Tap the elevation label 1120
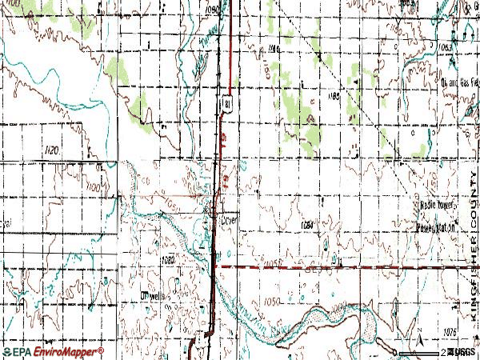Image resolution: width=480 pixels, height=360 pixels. tap(98, 150)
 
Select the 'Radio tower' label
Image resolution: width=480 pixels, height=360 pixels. tap(437, 206)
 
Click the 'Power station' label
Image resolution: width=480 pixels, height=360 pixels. tap(438, 226)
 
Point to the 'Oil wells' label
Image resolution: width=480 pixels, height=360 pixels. tap(150, 295)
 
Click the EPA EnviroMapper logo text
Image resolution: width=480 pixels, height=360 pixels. tap(51, 351)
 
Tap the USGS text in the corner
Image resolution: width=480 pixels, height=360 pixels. tap(462, 351)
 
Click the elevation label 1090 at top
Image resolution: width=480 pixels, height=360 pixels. tap(212, 9)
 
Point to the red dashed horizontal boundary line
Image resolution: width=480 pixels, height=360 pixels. tap(336, 266)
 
